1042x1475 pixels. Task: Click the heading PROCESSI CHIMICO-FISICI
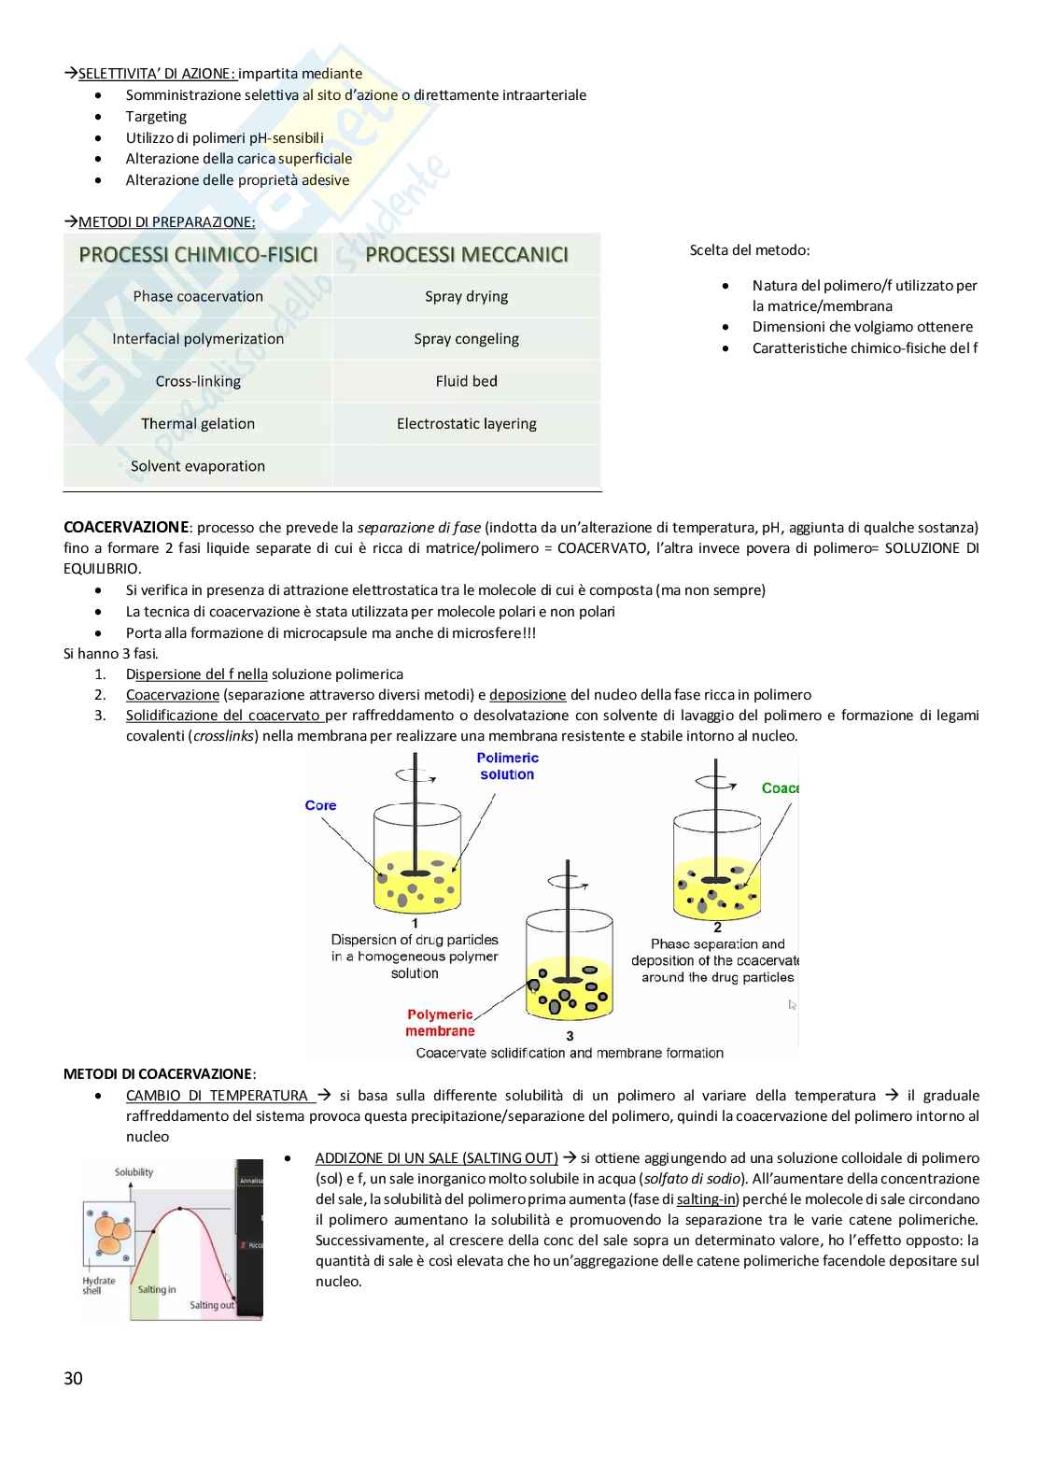(198, 254)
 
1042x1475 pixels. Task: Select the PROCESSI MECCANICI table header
(467, 254)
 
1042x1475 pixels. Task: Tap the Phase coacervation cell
(198, 296)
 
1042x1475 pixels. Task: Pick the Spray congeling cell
(467, 338)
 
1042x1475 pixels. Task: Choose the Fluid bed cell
(467, 381)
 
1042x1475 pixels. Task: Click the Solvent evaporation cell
(198, 466)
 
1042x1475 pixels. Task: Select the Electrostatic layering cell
(467, 423)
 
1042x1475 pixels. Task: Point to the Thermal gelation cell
(198, 423)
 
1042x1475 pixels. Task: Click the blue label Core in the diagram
(320, 805)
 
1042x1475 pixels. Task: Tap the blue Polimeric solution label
(507, 766)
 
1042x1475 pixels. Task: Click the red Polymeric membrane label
(440, 1023)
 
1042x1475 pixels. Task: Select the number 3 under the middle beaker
(570, 1036)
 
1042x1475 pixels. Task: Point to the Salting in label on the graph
(157, 1289)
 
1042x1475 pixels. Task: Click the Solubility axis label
(134, 1171)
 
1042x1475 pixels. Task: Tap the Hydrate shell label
(98, 1285)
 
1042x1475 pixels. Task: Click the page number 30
(73, 1378)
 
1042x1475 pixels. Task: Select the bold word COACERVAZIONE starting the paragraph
(126, 527)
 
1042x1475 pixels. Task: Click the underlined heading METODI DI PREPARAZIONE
(166, 222)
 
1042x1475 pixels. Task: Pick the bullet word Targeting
(156, 116)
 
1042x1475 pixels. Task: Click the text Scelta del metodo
(750, 249)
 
